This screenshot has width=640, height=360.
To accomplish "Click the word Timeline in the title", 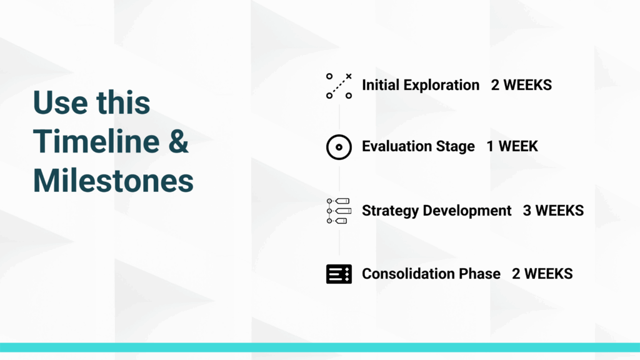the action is coord(96,141).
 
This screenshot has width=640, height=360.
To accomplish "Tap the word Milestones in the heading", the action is coord(113,181).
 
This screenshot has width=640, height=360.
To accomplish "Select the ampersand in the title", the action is coord(178,141).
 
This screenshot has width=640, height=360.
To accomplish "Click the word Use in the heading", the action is coord(60,102).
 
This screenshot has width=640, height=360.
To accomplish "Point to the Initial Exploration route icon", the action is coord(339,86).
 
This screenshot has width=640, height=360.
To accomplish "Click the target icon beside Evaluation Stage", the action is coord(339,147).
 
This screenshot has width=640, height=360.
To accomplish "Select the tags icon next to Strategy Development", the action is coord(339,211).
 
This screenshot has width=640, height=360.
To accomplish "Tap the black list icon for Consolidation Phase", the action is coord(339,274).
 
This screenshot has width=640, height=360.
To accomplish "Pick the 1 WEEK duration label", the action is coord(512,146).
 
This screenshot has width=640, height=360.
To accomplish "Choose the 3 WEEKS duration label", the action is coord(554,211).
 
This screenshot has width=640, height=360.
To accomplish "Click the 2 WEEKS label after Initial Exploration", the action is coord(521,85).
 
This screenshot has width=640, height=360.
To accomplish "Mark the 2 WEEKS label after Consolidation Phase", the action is coord(542,274).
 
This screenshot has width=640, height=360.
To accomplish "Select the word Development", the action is coord(467,211).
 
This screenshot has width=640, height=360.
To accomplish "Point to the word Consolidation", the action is coord(408,274).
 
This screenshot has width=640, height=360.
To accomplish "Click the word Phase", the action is coord(479,274).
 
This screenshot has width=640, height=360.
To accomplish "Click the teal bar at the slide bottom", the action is coord(320,347).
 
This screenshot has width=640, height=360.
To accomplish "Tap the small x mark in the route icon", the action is coord(349,76).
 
